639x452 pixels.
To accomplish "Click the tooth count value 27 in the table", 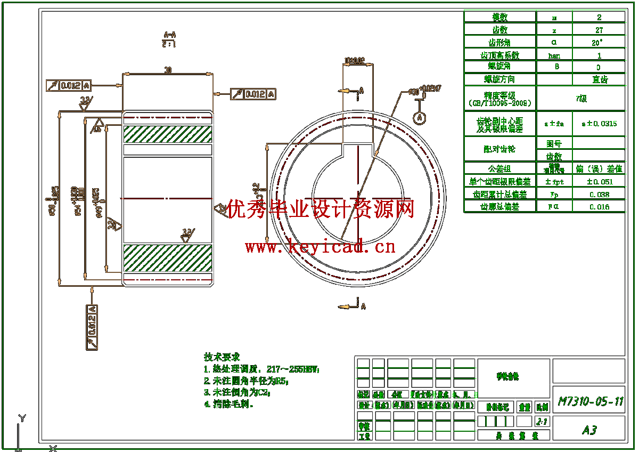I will coord(599,30).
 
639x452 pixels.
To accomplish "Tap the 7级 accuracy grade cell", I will coord(581,98).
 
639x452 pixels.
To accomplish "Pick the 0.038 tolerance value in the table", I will coord(599,195).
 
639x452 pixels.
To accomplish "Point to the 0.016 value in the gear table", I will coord(599,207).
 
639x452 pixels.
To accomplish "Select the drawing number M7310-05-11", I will coord(590,401).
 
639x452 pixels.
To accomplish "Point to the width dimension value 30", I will coord(168,70).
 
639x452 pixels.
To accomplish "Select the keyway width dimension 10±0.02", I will coord(355,61).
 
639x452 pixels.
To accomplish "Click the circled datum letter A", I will coord(420,117).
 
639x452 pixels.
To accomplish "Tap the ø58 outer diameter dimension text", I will coord(53,201).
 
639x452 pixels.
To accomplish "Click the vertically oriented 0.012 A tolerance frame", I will coord(92,327).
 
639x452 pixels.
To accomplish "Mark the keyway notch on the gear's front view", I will coord(357,150).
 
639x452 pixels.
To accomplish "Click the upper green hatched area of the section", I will coord(168,134).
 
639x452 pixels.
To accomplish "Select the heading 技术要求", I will coord(222,357).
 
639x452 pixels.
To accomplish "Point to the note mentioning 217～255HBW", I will coord(262,369).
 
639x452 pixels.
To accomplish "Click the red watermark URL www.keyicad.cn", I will coord(320,246).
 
